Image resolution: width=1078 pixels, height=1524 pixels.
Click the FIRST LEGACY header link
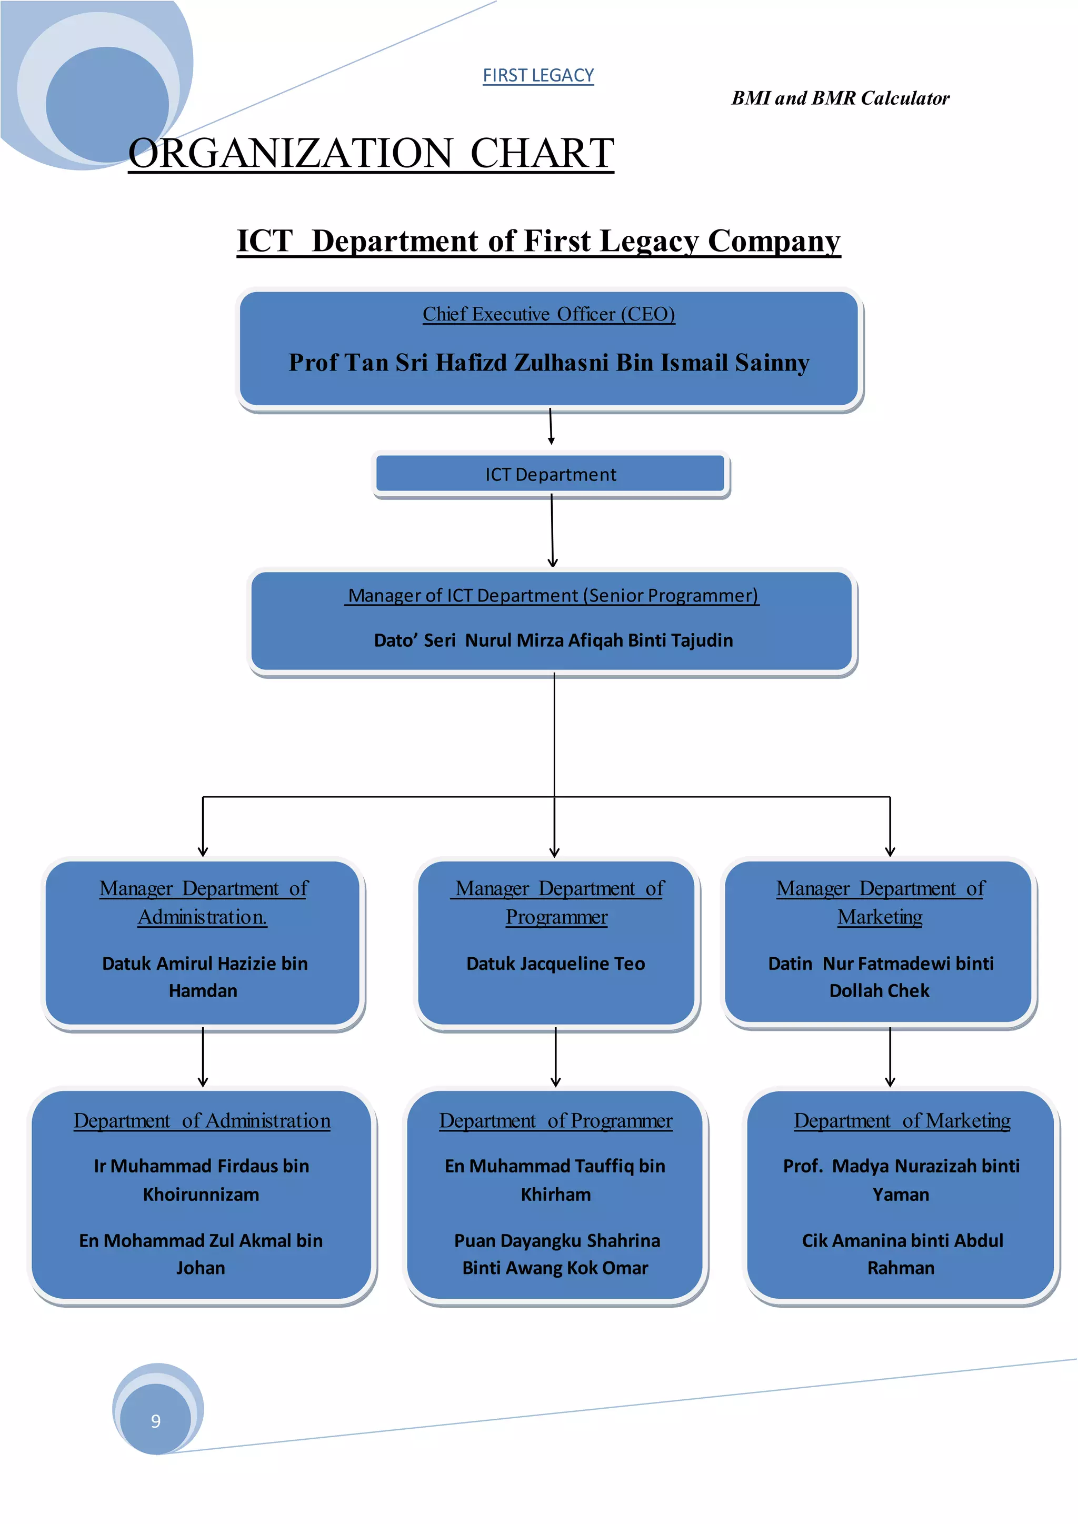(x=537, y=76)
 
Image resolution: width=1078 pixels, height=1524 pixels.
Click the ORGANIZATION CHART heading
(x=371, y=153)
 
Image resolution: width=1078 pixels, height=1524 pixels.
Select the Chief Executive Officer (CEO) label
(x=548, y=314)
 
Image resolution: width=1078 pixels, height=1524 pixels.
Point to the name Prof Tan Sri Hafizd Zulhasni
(x=548, y=363)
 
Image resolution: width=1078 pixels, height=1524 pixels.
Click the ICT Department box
(x=550, y=474)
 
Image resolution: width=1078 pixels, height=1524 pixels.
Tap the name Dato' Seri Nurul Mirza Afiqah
(x=553, y=640)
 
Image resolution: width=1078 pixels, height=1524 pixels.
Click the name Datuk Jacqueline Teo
(x=556, y=963)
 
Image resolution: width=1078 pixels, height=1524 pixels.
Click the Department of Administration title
(x=202, y=1120)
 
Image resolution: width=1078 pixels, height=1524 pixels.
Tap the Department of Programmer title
(x=556, y=1120)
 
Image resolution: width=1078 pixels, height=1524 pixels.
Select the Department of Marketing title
(x=902, y=1120)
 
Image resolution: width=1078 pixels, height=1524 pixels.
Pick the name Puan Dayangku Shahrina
(x=556, y=1254)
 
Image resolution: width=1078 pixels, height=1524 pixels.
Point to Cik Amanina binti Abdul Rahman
(x=902, y=1254)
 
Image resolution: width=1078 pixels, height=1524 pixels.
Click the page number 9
(x=156, y=1420)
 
